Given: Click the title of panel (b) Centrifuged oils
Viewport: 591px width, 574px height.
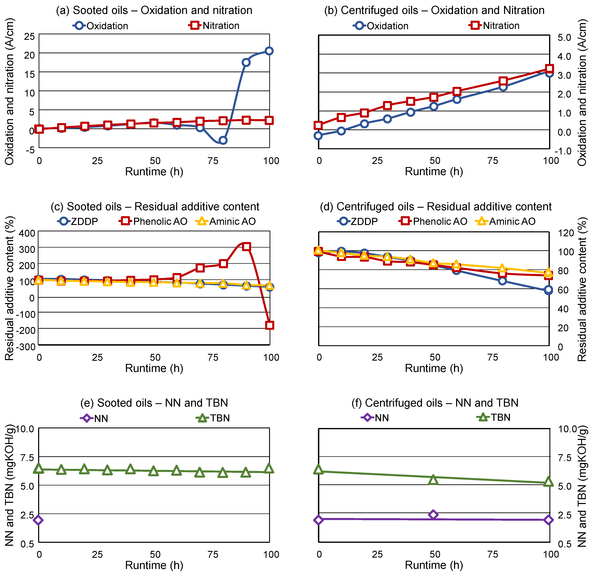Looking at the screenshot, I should [x=434, y=10].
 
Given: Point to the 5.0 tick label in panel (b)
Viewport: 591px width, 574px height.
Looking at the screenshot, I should [x=564, y=37].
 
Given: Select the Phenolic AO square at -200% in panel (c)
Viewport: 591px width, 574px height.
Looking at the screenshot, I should [x=269, y=325].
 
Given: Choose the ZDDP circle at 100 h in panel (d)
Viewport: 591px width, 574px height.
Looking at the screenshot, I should [x=548, y=290].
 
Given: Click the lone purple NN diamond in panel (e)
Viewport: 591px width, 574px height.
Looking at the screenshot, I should [x=38, y=520].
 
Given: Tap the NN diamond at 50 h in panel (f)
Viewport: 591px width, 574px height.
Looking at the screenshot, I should [x=433, y=515].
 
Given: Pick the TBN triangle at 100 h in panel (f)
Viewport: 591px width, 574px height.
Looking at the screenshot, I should [x=548, y=482].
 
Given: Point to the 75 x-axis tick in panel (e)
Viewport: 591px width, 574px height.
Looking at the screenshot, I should [x=213, y=554].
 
